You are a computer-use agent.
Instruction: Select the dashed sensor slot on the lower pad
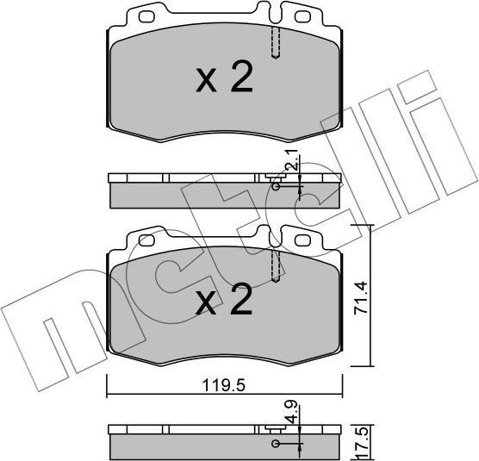[276, 265]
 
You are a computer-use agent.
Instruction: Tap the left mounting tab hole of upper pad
[141, 16]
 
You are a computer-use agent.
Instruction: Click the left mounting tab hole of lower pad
[141, 239]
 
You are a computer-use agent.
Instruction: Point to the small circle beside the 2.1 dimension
[275, 185]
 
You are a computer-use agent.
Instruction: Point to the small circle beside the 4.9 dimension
[275, 445]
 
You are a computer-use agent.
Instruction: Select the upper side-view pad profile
[223, 191]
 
